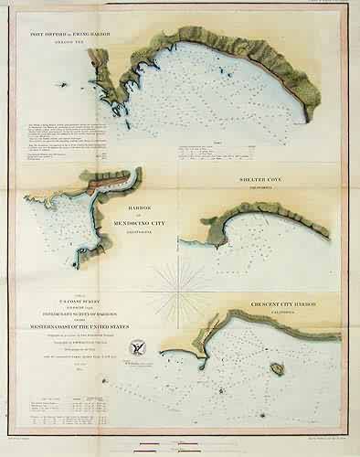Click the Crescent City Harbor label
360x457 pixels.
tap(289, 300)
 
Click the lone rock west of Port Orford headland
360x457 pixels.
tap(63, 85)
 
